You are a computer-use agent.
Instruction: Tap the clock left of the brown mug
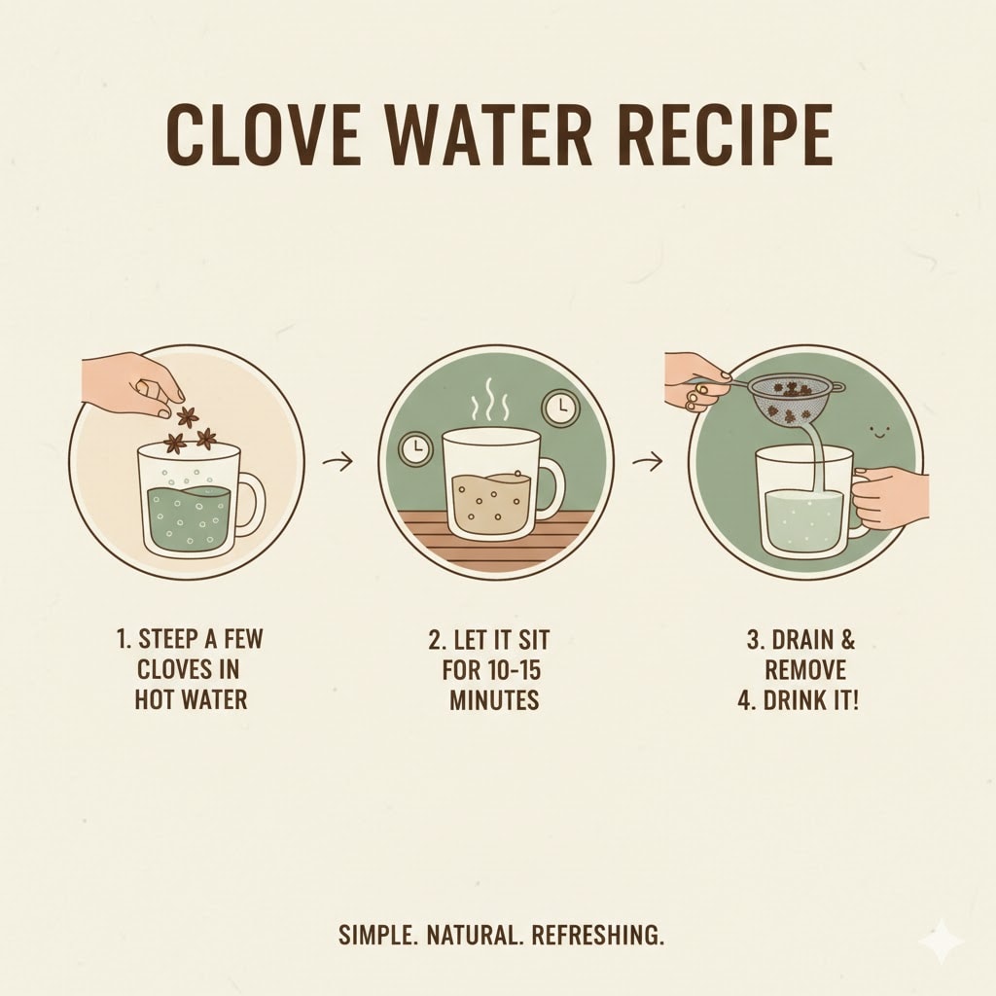[x=415, y=449]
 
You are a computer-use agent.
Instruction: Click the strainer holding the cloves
[x=790, y=400]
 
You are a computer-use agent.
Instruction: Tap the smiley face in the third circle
[x=879, y=433]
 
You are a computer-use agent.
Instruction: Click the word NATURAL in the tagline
[x=472, y=936]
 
